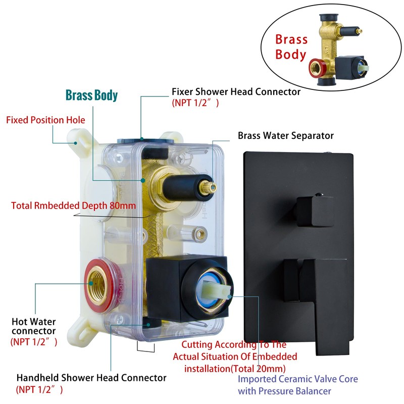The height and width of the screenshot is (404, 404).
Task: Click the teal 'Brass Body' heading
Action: tap(91, 95)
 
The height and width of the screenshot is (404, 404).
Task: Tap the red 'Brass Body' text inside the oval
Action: tap(291, 47)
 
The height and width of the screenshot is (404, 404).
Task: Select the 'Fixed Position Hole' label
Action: tap(45, 120)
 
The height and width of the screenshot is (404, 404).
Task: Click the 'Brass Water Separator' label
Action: tap(286, 135)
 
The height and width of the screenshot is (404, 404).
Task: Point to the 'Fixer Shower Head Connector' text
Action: tap(236, 92)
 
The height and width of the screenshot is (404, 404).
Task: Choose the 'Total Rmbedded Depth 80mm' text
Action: tap(73, 206)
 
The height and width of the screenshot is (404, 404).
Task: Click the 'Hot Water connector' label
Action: tap(34, 326)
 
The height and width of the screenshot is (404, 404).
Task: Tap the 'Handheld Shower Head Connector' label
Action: tap(91, 378)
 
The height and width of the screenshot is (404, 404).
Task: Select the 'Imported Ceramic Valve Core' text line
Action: tap(298, 379)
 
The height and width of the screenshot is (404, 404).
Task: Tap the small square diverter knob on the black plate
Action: tap(315, 211)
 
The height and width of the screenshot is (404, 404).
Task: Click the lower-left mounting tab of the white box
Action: tap(80, 332)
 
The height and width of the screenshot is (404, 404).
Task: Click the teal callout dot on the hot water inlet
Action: tap(91, 283)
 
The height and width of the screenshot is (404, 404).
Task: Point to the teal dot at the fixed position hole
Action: tap(75, 143)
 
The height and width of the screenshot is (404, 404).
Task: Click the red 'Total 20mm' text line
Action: tap(235, 369)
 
